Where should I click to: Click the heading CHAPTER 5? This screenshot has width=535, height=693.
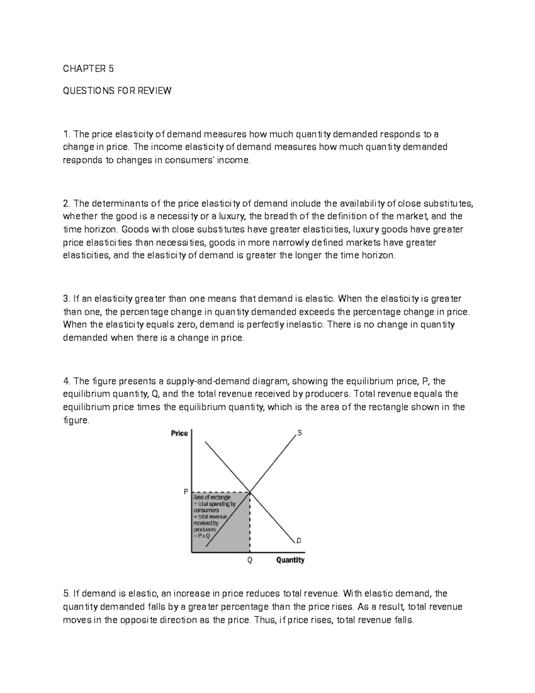pyautogui.click(x=88, y=69)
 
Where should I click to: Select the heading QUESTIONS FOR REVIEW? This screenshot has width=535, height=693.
pyautogui.click(x=117, y=91)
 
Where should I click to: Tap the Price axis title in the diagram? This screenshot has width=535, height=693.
pyautogui.click(x=179, y=433)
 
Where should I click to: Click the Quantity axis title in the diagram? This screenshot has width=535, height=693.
pyautogui.click(x=290, y=560)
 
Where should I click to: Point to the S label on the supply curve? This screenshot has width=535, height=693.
pyautogui.click(x=299, y=433)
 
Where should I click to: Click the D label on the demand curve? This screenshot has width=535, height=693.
pyautogui.click(x=299, y=540)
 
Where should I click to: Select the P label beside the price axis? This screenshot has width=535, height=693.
pyautogui.click(x=186, y=492)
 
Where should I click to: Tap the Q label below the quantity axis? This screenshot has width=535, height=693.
pyautogui.click(x=250, y=560)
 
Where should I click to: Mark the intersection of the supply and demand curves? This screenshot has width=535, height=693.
pyautogui.click(x=250, y=492)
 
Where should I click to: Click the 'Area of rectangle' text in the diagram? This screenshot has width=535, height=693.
pyautogui.click(x=211, y=497)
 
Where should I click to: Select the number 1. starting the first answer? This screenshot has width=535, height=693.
pyautogui.click(x=67, y=134)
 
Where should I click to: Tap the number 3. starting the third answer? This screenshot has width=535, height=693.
pyautogui.click(x=67, y=299)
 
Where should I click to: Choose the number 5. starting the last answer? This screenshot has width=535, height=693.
pyautogui.click(x=67, y=593)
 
